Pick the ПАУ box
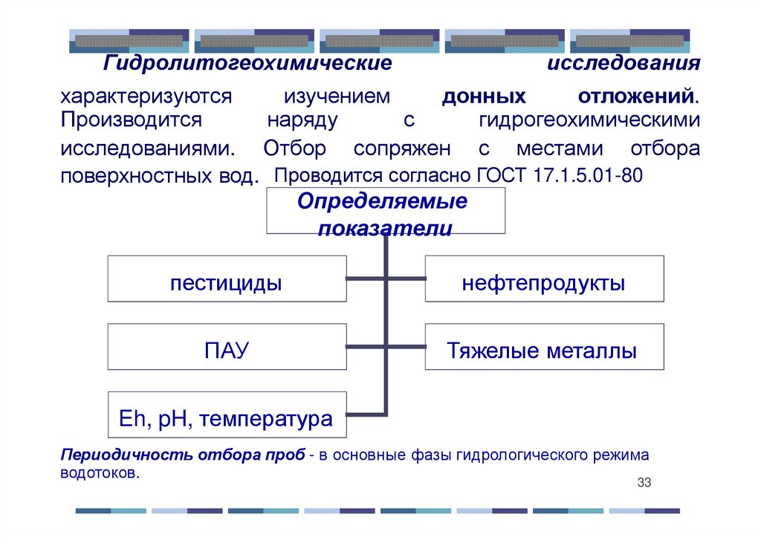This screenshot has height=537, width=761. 227,346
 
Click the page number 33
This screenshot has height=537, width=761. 644,484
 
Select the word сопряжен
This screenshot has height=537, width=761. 402,148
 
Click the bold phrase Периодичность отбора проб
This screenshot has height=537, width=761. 182,455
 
